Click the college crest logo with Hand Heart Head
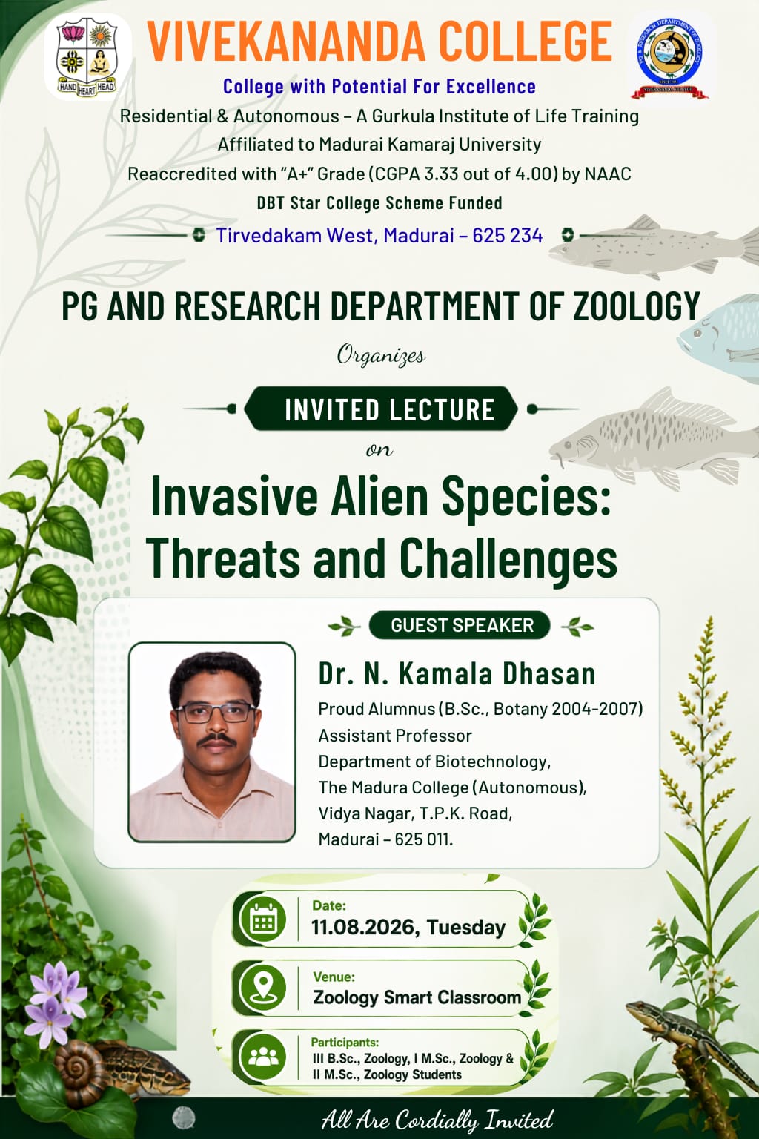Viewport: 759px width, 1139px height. [x=88, y=56]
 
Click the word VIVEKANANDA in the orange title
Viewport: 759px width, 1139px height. [x=286, y=42]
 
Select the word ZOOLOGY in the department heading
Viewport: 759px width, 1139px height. [x=637, y=306]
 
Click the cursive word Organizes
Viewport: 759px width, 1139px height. [x=381, y=355]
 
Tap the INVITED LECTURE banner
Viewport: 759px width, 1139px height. [x=381, y=409]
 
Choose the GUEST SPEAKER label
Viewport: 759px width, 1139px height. [x=460, y=625]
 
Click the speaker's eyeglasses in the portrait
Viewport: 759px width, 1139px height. [x=216, y=713]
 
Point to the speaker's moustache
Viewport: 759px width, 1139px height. [x=216, y=739]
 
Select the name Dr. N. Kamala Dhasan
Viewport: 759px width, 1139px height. [x=457, y=674]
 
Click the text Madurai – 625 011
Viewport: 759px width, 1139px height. [x=385, y=839]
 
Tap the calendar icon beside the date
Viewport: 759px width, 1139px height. [x=264, y=919]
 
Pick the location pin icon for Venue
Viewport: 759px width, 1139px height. [x=264, y=988]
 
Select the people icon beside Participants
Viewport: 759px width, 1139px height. [x=264, y=1057]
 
